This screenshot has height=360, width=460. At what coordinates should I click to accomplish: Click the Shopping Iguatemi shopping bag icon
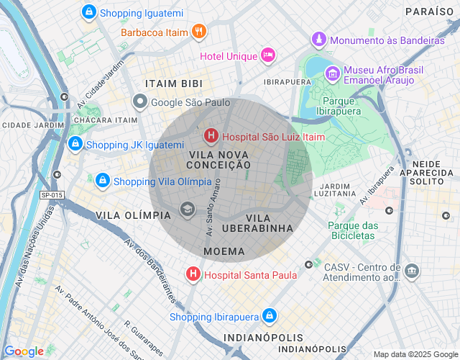point(89,12)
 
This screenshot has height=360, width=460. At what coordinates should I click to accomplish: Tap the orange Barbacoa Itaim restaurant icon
point(200,31)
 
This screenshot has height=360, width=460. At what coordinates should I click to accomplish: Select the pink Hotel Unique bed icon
point(267,54)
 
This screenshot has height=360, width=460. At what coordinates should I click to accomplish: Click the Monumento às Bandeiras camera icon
point(319,39)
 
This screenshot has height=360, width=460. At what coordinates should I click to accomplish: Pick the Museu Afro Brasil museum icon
point(332,73)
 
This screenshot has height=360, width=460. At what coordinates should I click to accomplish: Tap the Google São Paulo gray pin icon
point(140,102)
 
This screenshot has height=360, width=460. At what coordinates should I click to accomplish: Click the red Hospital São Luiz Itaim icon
point(211,135)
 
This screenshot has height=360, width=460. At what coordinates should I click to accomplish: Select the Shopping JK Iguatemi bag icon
point(75,144)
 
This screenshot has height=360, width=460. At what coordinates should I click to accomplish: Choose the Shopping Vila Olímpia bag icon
point(102,180)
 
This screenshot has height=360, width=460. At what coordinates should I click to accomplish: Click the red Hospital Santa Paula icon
point(193,274)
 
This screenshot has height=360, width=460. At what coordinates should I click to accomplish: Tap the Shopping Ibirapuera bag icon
point(269,315)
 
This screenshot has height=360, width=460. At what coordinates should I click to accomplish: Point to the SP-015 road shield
point(52,195)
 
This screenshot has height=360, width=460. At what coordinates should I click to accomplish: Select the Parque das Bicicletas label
point(353,230)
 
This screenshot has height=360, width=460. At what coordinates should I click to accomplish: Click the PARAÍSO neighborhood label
point(430,12)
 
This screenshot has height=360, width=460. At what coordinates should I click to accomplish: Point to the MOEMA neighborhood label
point(224,251)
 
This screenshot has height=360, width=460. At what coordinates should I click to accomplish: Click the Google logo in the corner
point(24,351)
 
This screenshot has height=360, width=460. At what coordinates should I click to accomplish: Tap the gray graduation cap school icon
point(188,210)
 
